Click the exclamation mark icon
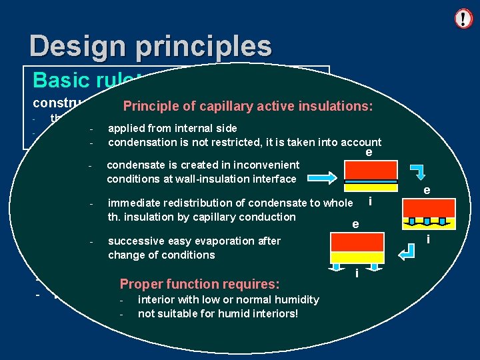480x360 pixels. (463, 19)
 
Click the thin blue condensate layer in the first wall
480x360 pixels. (371, 181)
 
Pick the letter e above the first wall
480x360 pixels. (369, 153)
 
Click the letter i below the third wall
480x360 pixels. (357, 273)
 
